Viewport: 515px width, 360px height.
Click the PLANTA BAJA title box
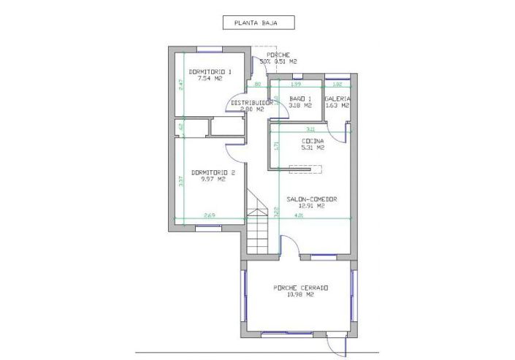pyautogui.click(x=259, y=23)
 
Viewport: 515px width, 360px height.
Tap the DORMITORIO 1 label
pyautogui.click(x=210, y=71)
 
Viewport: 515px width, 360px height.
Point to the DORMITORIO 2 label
pyautogui.click(x=213, y=172)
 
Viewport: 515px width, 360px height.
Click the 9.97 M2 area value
pyautogui.click(x=213, y=179)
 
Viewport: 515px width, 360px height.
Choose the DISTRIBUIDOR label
pyautogui.click(x=252, y=103)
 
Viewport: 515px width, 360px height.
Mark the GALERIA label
pyautogui.click(x=337, y=99)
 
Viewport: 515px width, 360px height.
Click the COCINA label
pyautogui.click(x=313, y=141)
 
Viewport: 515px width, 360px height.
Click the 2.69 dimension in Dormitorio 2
pyautogui.click(x=209, y=215)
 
